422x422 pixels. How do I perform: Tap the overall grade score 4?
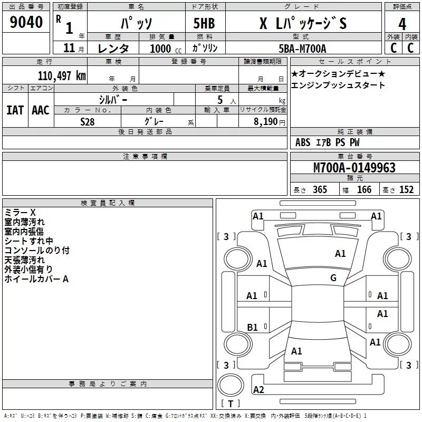[402, 24]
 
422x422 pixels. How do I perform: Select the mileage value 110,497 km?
[62, 76]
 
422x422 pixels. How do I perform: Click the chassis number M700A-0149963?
[354, 168]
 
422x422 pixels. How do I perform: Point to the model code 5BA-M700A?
[302, 49]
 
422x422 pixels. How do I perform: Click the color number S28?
[88, 121]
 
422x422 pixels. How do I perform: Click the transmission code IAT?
[15, 110]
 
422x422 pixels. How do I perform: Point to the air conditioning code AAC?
[41, 110]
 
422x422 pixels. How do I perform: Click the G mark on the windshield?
[333, 278]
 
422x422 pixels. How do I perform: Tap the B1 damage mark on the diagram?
[252, 328]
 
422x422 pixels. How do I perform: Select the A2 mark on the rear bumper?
[258, 390]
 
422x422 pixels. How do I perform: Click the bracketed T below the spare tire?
[231, 405]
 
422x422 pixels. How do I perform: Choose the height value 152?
[406, 190]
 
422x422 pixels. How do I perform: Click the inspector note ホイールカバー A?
[36, 279]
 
